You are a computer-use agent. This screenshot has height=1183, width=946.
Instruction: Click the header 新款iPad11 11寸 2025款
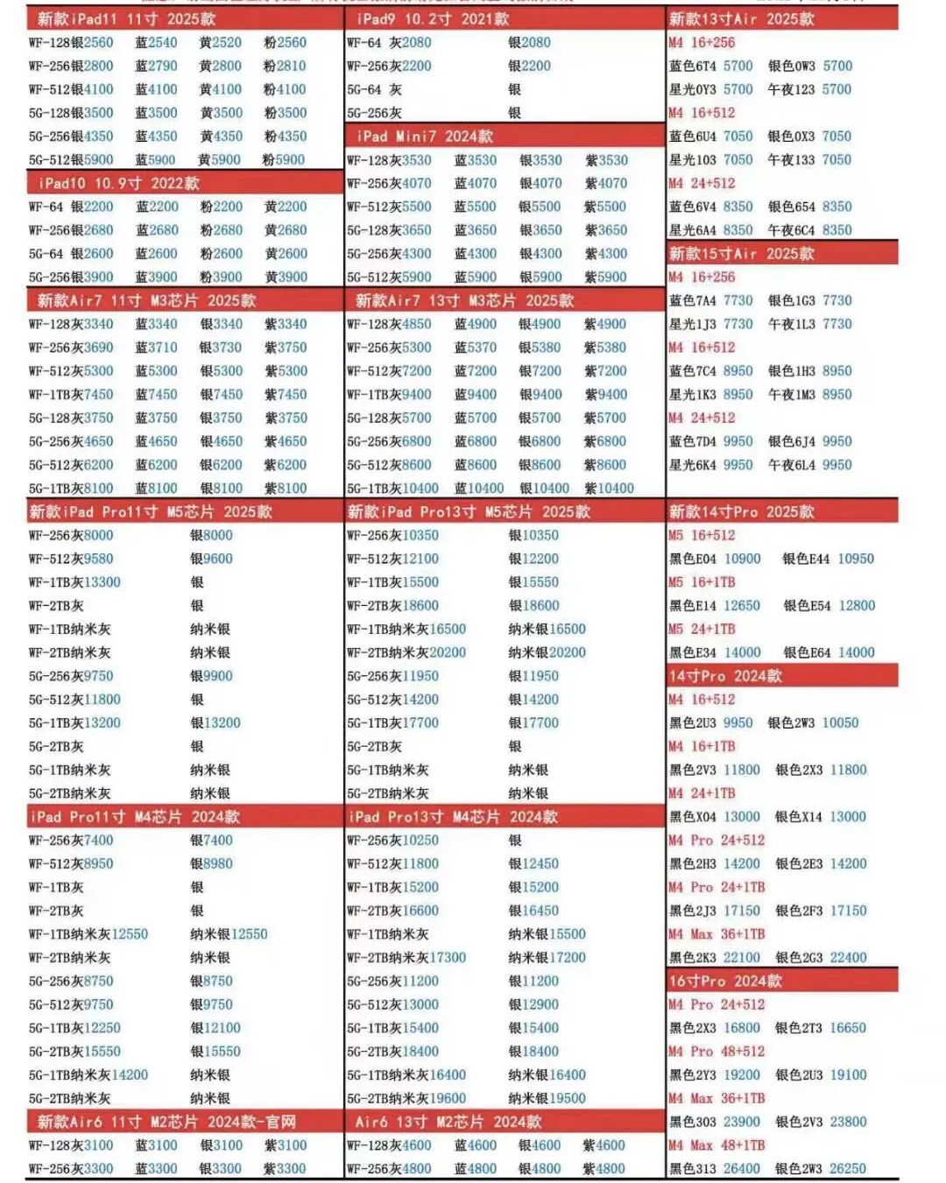pyautogui.click(x=126, y=18)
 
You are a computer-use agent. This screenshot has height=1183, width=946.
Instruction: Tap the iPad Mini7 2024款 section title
pyautogui.click(x=425, y=136)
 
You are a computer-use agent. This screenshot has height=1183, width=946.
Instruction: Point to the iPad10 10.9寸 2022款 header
pyautogui.click(x=119, y=183)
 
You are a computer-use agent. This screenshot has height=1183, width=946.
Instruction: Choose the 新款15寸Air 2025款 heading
pyautogui.click(x=741, y=253)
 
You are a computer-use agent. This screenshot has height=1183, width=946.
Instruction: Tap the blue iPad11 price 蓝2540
pyautogui.click(x=156, y=42)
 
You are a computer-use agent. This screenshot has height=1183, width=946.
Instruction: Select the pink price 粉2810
pyautogui.click(x=285, y=66)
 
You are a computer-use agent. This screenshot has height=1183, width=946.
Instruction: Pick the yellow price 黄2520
pyautogui.click(x=220, y=42)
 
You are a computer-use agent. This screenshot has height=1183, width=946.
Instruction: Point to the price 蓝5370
pyautogui.click(x=476, y=348)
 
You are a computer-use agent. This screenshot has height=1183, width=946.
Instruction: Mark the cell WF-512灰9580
pyautogui.click(x=71, y=559)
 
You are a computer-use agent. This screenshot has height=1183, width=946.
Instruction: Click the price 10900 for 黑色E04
pyautogui.click(x=742, y=559)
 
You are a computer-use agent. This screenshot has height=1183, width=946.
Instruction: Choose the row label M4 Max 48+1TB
pyautogui.click(x=717, y=1145)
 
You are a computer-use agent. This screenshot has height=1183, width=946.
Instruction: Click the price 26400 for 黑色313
pyautogui.click(x=741, y=1169)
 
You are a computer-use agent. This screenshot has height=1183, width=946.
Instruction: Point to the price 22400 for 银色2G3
pyautogui.click(x=848, y=958)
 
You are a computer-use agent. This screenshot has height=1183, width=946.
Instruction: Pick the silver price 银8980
pyautogui.click(x=211, y=864)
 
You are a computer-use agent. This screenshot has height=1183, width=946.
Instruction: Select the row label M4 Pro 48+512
pyautogui.click(x=717, y=1052)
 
